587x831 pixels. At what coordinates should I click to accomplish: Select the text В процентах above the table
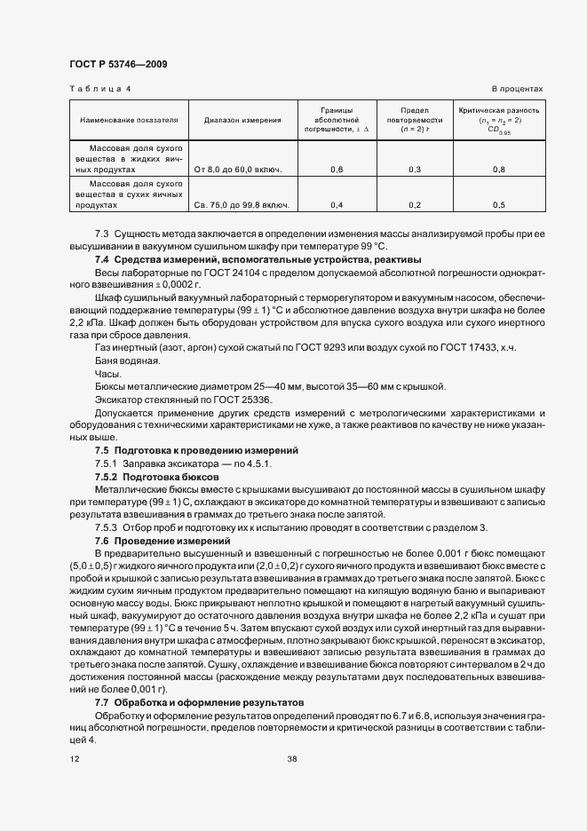[517, 90]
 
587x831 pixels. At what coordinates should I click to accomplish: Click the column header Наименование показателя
[129, 119]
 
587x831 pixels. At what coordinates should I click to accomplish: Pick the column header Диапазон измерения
[242, 119]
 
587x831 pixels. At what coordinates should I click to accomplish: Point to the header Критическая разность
[498, 111]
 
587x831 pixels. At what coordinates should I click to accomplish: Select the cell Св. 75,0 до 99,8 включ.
[242, 205]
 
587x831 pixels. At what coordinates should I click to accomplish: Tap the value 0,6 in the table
[337, 169]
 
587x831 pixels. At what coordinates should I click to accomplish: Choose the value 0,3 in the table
[415, 169]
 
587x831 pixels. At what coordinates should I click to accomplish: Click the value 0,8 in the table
[498, 169]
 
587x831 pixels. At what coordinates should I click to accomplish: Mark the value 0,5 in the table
[498, 205]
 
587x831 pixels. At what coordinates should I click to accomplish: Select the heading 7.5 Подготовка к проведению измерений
[196, 451]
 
